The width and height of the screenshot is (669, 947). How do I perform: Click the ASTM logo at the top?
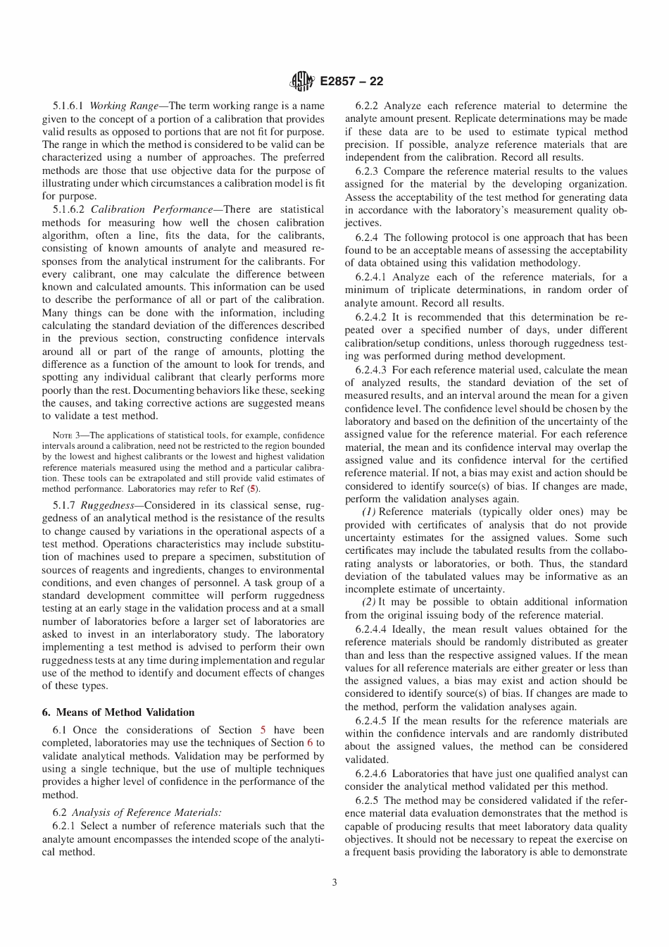coord(302,81)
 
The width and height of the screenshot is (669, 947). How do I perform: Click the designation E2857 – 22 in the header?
coord(351,81)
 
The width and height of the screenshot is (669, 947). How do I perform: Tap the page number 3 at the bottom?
coord(334,881)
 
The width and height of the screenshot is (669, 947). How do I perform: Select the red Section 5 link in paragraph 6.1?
coord(263,730)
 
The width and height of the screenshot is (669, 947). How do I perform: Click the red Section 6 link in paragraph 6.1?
coord(309,743)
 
